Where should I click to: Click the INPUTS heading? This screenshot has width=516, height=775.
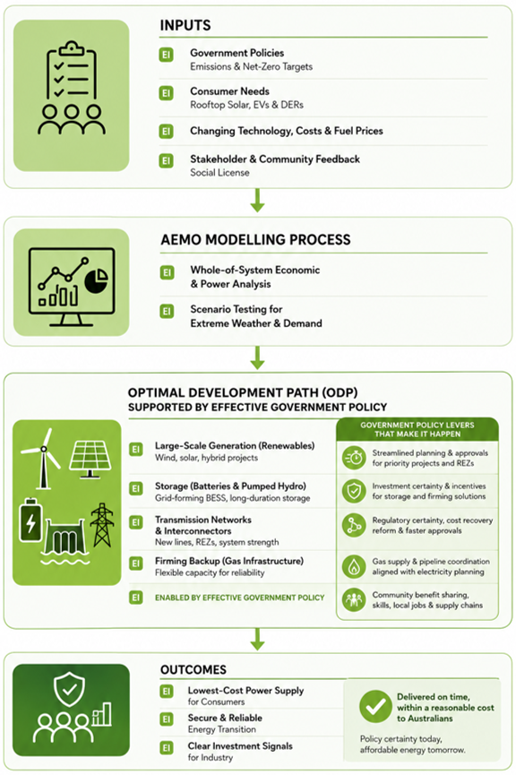tap(185, 25)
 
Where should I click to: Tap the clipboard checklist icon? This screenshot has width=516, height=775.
tap(71, 70)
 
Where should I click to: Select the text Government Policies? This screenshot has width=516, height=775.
tap(236, 53)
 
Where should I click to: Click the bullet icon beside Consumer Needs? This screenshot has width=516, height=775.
tap(166, 93)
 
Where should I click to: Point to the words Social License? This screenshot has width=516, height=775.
tap(220, 173)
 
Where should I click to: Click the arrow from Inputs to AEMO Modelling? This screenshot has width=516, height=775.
tap(257, 200)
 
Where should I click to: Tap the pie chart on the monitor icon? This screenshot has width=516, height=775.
tap(96, 280)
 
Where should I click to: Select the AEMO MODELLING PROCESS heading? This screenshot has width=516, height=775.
tap(255, 240)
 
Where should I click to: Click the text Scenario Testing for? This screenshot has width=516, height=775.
tap(236, 309)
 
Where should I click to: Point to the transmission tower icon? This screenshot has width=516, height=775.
tap(102, 525)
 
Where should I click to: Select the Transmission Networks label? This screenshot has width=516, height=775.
tap(203, 520)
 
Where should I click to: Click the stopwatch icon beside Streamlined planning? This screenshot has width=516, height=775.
tap(354, 458)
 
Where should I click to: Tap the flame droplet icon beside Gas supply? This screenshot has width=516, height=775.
tap(354, 566)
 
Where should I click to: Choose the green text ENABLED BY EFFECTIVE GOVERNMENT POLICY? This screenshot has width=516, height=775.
tap(240, 598)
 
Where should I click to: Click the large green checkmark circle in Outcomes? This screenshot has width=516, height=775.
tap(375, 706)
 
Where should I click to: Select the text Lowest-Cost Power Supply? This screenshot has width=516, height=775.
tap(245, 691)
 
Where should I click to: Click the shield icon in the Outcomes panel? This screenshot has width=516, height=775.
tap(69, 690)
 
